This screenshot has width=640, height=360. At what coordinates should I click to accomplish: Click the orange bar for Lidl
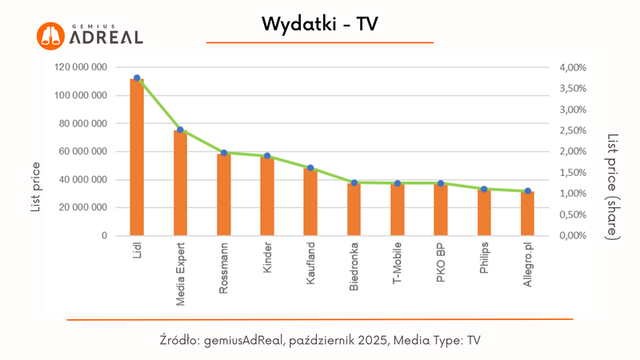[137, 158]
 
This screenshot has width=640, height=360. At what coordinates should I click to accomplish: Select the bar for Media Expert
[180, 183]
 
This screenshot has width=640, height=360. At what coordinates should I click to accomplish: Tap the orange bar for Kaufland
[310, 202]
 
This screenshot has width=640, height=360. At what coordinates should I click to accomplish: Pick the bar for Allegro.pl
[527, 214]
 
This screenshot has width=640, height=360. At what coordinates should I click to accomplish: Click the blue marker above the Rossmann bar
[224, 153]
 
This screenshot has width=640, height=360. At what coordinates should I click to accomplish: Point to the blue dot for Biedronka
[354, 183]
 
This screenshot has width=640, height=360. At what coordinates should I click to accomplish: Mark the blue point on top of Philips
[484, 189]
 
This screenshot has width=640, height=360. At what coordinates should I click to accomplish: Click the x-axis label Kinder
[267, 260]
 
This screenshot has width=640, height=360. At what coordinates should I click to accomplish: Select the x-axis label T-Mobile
[398, 265]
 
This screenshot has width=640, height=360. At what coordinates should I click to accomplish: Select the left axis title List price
[36, 186]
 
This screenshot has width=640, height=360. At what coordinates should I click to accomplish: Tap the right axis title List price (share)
[613, 186]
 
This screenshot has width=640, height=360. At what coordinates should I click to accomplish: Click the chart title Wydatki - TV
[319, 25]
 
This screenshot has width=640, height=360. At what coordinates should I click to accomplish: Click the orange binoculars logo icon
[50, 34]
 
